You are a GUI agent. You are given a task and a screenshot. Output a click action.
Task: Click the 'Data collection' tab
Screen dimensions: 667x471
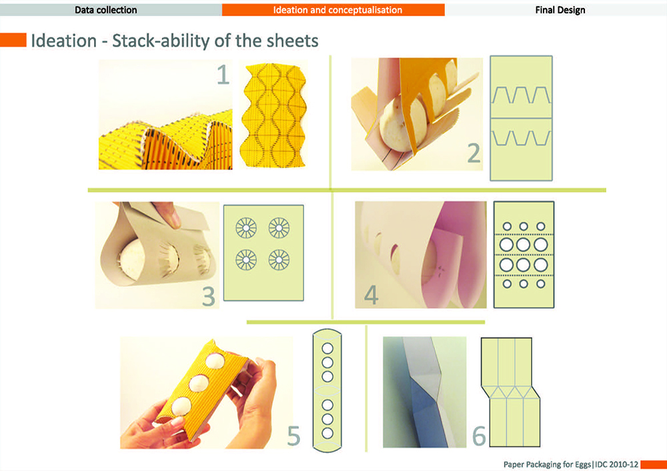tap(106, 10)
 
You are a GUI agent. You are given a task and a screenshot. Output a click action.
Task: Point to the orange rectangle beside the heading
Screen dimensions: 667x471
tap(13, 40)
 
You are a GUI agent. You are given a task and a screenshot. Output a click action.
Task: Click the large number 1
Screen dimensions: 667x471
tap(223, 75)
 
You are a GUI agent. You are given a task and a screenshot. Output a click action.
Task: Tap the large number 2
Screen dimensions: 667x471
tap(474, 153)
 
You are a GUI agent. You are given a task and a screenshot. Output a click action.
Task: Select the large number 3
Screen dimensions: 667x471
tap(208, 296)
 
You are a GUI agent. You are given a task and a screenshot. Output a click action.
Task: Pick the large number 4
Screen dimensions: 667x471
tap(371, 294)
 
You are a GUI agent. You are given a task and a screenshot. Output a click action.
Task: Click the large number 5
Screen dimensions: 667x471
tap(293, 436)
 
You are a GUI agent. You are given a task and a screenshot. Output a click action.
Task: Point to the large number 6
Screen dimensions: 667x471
tap(479, 436)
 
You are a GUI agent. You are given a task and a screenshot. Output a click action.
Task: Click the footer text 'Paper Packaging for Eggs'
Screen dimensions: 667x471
tap(547, 464)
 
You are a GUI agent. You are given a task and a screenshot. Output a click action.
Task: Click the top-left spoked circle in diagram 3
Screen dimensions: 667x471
tap(246, 228)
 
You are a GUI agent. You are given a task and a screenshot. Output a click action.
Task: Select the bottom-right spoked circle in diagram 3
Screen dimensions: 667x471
tap(279, 260)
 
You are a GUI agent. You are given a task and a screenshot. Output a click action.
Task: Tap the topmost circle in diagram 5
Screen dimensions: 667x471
tap(327, 348)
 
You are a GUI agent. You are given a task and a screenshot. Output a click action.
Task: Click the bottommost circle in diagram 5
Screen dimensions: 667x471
tap(327, 433)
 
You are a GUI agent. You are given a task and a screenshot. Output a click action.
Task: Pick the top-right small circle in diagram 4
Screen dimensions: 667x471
tap(541, 227)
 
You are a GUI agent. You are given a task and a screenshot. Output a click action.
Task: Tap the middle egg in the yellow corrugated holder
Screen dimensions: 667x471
tap(199, 383)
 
